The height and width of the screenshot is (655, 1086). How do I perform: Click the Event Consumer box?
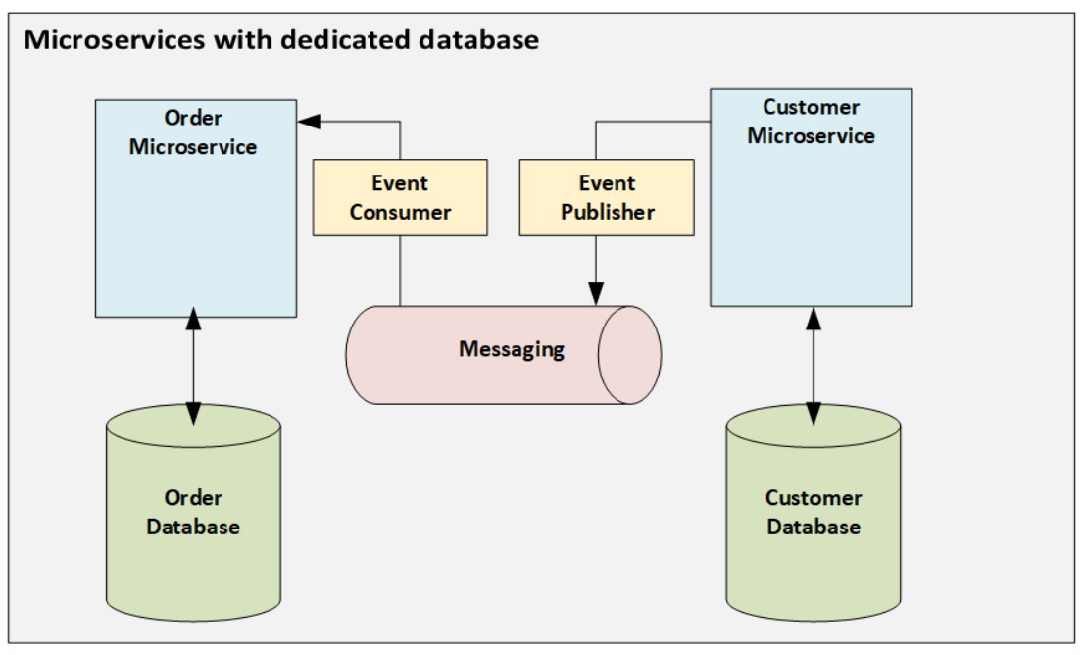[399, 197]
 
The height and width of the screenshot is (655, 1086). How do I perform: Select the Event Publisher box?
[607, 197]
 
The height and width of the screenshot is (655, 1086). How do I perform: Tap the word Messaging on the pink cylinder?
[512, 349]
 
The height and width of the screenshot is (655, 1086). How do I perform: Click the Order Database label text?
[193, 512]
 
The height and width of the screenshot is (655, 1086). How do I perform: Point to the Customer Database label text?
[814, 512]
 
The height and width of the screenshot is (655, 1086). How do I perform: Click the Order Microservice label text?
[193, 132]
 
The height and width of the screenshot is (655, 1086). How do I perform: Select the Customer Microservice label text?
[811, 122]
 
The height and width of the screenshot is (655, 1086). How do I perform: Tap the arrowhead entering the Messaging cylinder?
[594, 293]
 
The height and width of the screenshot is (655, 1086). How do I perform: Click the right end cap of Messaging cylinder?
[629, 355]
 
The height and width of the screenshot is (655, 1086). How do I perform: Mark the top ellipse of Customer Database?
[814, 424]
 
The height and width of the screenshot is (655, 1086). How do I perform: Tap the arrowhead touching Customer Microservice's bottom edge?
[813, 319]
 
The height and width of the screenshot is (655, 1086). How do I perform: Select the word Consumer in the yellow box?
[400, 212]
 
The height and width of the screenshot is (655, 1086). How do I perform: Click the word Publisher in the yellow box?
[608, 212]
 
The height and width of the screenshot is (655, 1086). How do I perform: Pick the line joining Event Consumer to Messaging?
[400, 271]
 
